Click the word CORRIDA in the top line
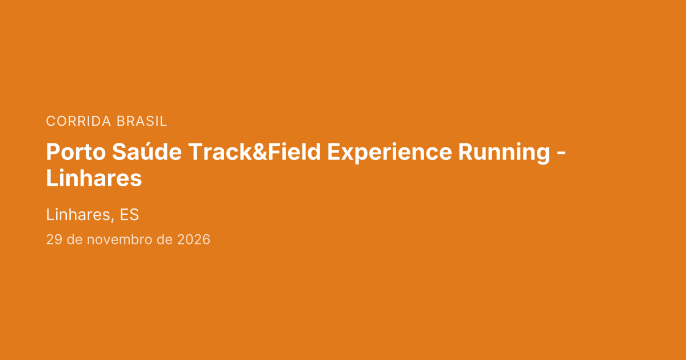pos(78,121)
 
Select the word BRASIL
pos(142,121)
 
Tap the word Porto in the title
pos(76,152)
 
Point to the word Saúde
pos(147,151)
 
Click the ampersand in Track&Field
pos(260,152)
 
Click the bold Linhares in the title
pos(94,178)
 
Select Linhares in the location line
pos(78,215)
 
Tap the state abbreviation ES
pos(129,215)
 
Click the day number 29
pos(54,239)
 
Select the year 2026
pos(194,239)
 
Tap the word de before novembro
pos(75,239)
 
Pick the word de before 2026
pos(165,239)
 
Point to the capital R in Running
pos(465,152)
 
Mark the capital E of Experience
pos(333,152)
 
